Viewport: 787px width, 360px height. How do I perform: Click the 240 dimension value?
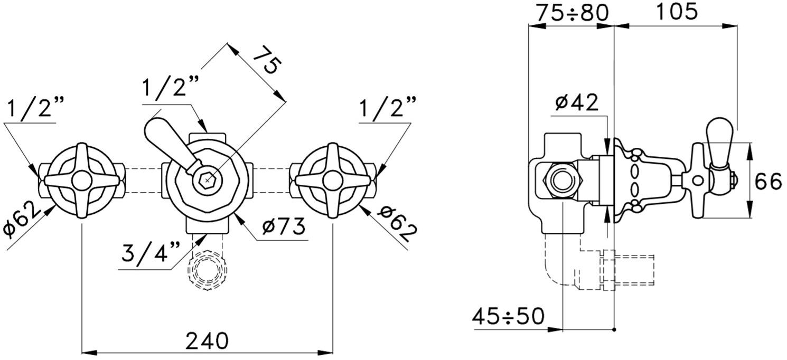(207, 340)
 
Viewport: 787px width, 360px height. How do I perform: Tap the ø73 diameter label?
(284, 226)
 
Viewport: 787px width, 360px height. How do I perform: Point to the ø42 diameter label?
(576, 102)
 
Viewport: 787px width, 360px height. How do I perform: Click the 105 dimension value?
(676, 11)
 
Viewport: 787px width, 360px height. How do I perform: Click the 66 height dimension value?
(769, 182)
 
